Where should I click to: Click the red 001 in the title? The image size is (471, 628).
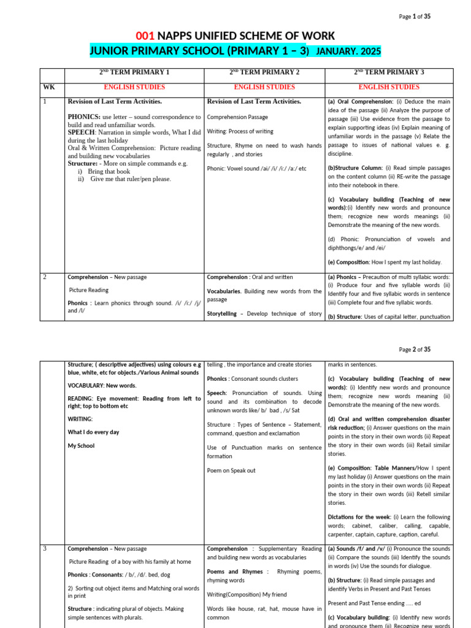coord(145,36)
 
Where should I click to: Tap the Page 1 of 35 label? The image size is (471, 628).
coord(415,17)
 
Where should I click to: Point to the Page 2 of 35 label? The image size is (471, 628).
coord(415,350)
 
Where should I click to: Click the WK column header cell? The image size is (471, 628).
coord(49,87)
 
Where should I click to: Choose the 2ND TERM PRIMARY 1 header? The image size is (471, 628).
coord(134,72)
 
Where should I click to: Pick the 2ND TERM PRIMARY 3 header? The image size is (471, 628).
coord(389,72)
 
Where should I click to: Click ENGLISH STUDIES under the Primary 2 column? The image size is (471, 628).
coord(264,87)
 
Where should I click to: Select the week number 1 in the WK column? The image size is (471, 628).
coord(45,102)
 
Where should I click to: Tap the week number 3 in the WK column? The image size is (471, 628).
coord(45,548)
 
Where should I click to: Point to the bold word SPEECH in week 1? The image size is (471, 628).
coord(80,132)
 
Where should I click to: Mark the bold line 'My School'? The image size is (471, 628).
coord(81,446)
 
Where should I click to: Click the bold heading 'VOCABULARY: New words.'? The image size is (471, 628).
coord(102,386)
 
